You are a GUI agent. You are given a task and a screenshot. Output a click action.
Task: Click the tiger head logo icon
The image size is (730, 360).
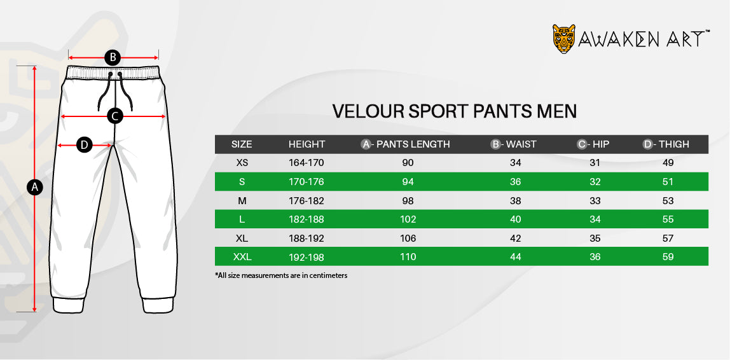coord(564,39)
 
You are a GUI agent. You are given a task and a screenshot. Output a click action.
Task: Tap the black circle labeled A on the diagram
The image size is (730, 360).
coord(34,188)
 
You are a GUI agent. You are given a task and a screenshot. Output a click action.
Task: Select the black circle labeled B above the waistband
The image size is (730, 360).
coord(112,58)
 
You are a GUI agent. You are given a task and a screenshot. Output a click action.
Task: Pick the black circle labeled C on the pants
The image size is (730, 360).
coord(115,116)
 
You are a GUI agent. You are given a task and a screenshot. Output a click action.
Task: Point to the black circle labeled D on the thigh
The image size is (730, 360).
coord(85,145)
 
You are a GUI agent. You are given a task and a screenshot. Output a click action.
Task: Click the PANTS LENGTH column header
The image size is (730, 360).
coord(406,144)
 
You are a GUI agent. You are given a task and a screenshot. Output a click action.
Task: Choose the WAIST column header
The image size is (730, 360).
coord(514,144)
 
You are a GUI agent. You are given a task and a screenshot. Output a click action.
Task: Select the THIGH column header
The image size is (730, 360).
coord(666,144)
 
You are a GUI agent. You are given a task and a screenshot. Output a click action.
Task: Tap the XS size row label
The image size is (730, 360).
coord(242,163)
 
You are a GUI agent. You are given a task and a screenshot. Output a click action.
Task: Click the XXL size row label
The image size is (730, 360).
coord(242,256)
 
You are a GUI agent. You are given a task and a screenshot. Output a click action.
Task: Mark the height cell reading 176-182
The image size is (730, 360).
coord(306,201)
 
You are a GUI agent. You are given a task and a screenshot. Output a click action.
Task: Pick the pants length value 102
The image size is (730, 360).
coord(408,219)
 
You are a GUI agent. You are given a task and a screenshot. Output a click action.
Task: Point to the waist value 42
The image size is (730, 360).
coord(515,238)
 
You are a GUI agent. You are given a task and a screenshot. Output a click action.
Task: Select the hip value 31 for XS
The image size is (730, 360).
coord(595,163)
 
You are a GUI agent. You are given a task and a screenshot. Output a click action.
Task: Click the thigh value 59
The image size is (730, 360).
coord(668,256)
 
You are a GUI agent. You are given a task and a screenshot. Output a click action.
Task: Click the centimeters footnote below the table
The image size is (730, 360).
coord(281,275)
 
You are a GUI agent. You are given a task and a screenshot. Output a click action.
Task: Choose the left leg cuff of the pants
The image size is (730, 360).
coord(68,305)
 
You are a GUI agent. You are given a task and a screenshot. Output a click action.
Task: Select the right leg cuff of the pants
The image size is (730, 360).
coord(158,305)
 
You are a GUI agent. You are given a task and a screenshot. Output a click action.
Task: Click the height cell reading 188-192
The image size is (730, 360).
coord(306,238)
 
